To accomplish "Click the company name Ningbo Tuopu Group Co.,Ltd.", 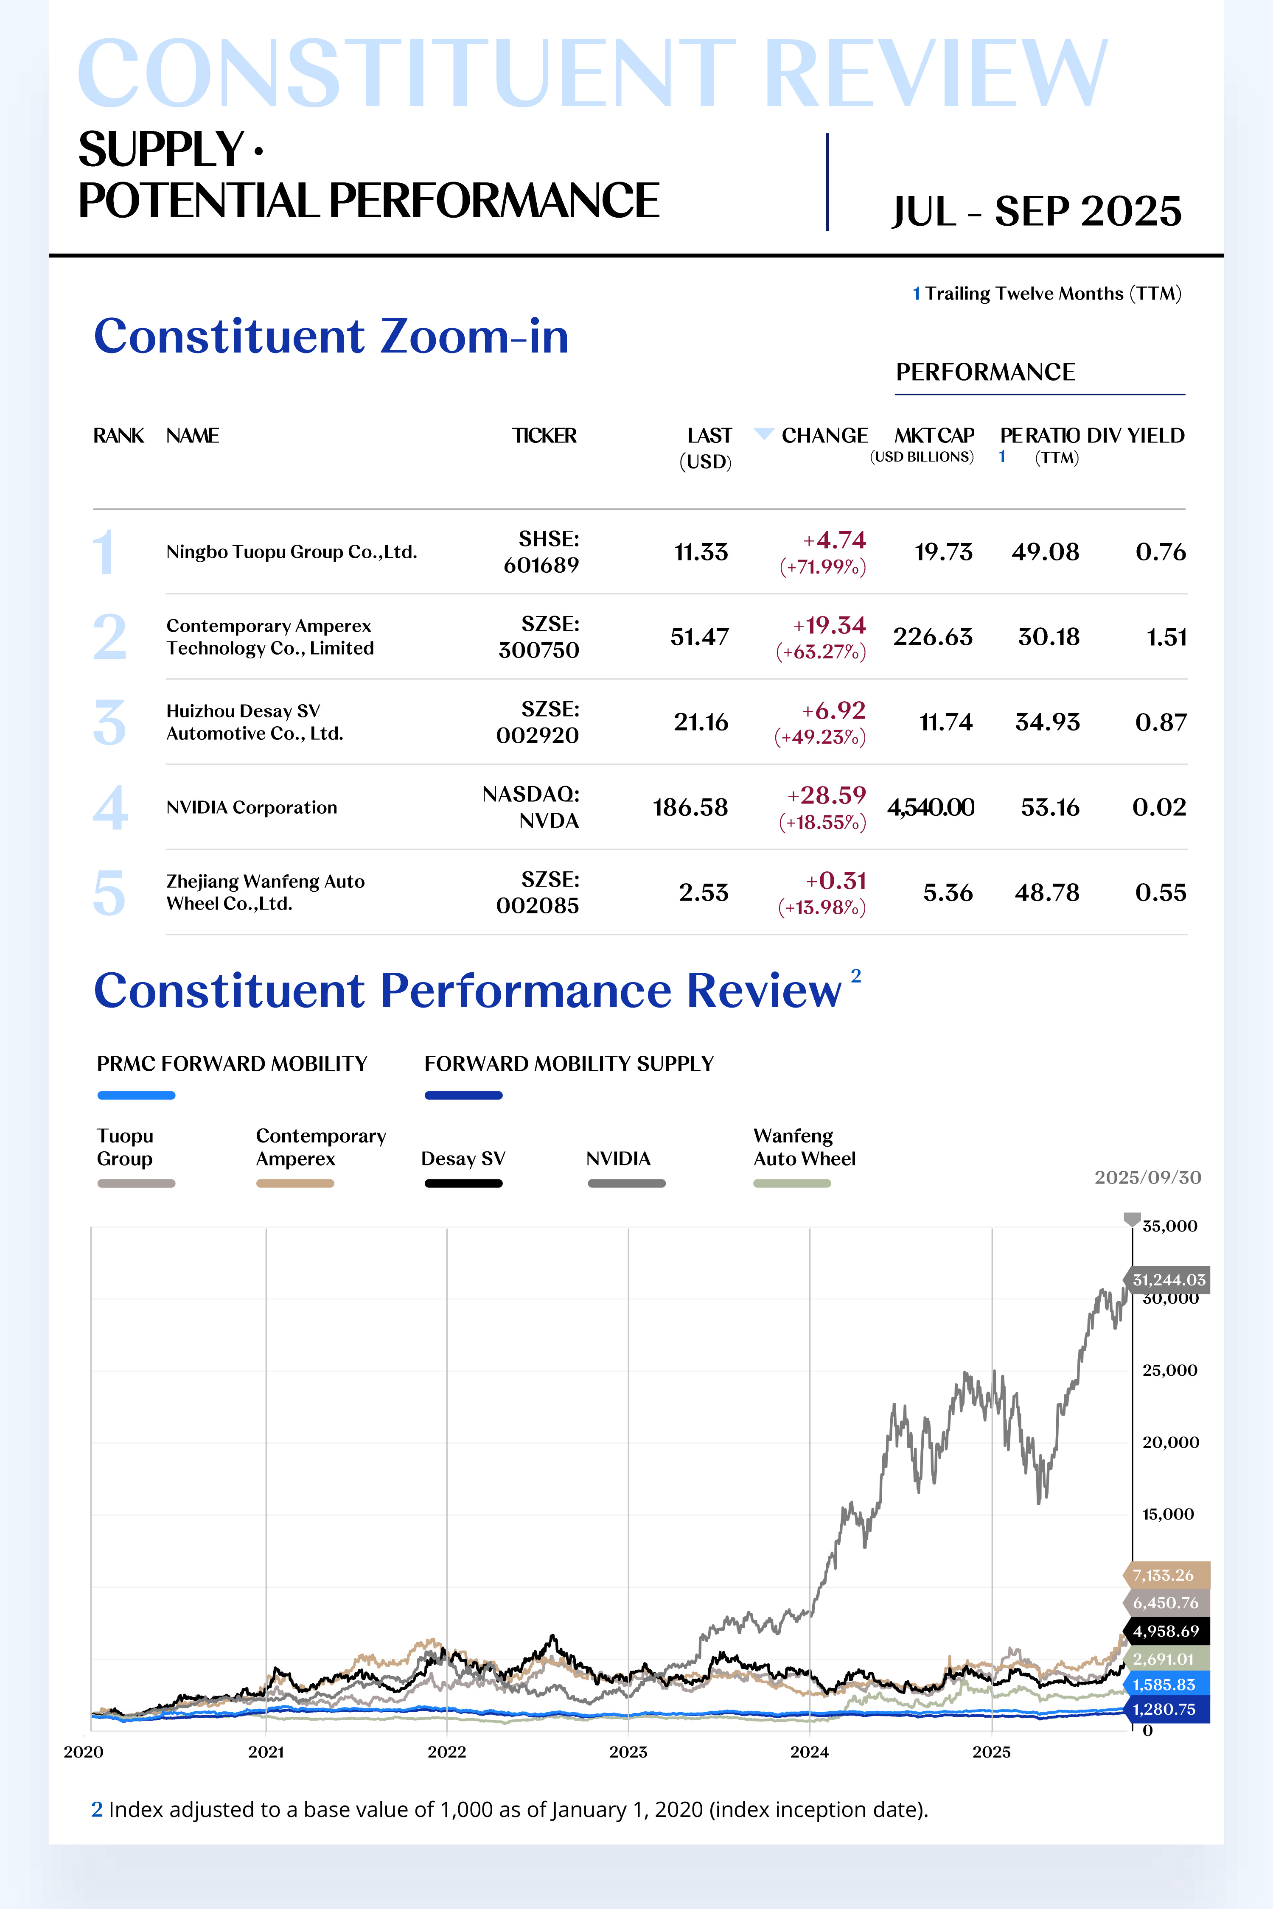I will (x=292, y=552).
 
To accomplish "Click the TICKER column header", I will (x=544, y=436).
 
